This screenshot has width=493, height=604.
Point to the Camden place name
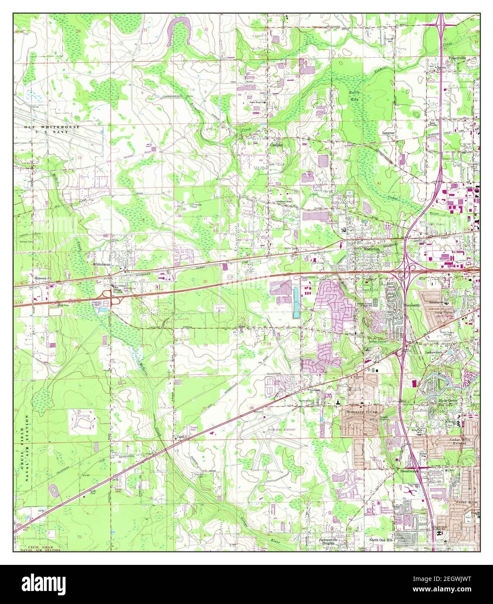276,145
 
